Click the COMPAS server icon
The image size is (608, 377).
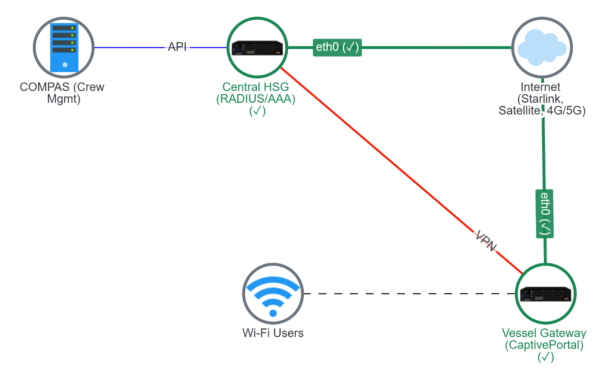point(64,47)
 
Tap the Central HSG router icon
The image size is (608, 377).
point(257,48)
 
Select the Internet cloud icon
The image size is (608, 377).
point(542,47)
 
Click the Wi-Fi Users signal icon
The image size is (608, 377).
point(273,293)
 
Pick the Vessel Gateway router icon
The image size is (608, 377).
point(545,294)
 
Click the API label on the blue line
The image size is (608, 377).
point(177,47)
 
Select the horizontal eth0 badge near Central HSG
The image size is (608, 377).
point(337,47)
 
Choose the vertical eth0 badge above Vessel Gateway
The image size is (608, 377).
point(545,214)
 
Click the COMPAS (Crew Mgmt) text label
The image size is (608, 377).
point(62,93)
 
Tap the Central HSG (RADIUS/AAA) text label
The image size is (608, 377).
point(256,93)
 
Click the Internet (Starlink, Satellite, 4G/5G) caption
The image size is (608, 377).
point(542,98)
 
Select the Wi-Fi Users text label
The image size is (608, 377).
point(273,333)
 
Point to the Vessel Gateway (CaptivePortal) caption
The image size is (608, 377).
point(544,339)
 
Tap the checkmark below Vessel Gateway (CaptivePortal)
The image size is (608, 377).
point(545,357)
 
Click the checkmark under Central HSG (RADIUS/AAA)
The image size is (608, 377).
point(257,111)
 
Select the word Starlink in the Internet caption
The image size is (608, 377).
point(541,99)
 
